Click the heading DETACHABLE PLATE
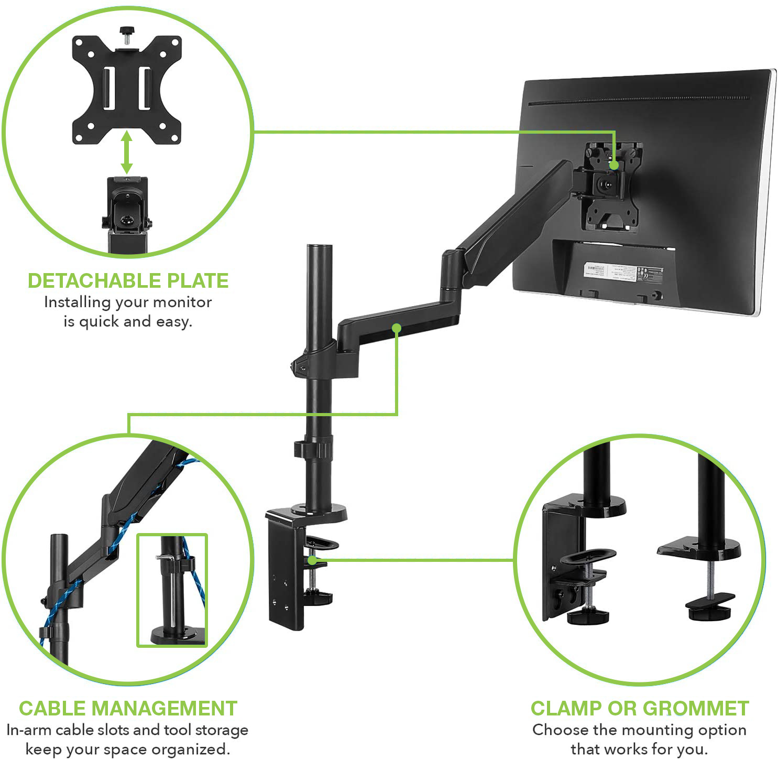(128, 281)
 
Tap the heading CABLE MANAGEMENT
(128, 708)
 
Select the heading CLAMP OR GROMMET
(639, 708)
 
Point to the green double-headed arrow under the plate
(126, 153)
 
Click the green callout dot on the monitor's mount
(614, 165)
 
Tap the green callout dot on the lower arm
(397, 328)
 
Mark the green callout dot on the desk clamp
(312, 560)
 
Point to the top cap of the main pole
(320, 247)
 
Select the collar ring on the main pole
(314, 450)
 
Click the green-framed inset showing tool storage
(172, 590)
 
